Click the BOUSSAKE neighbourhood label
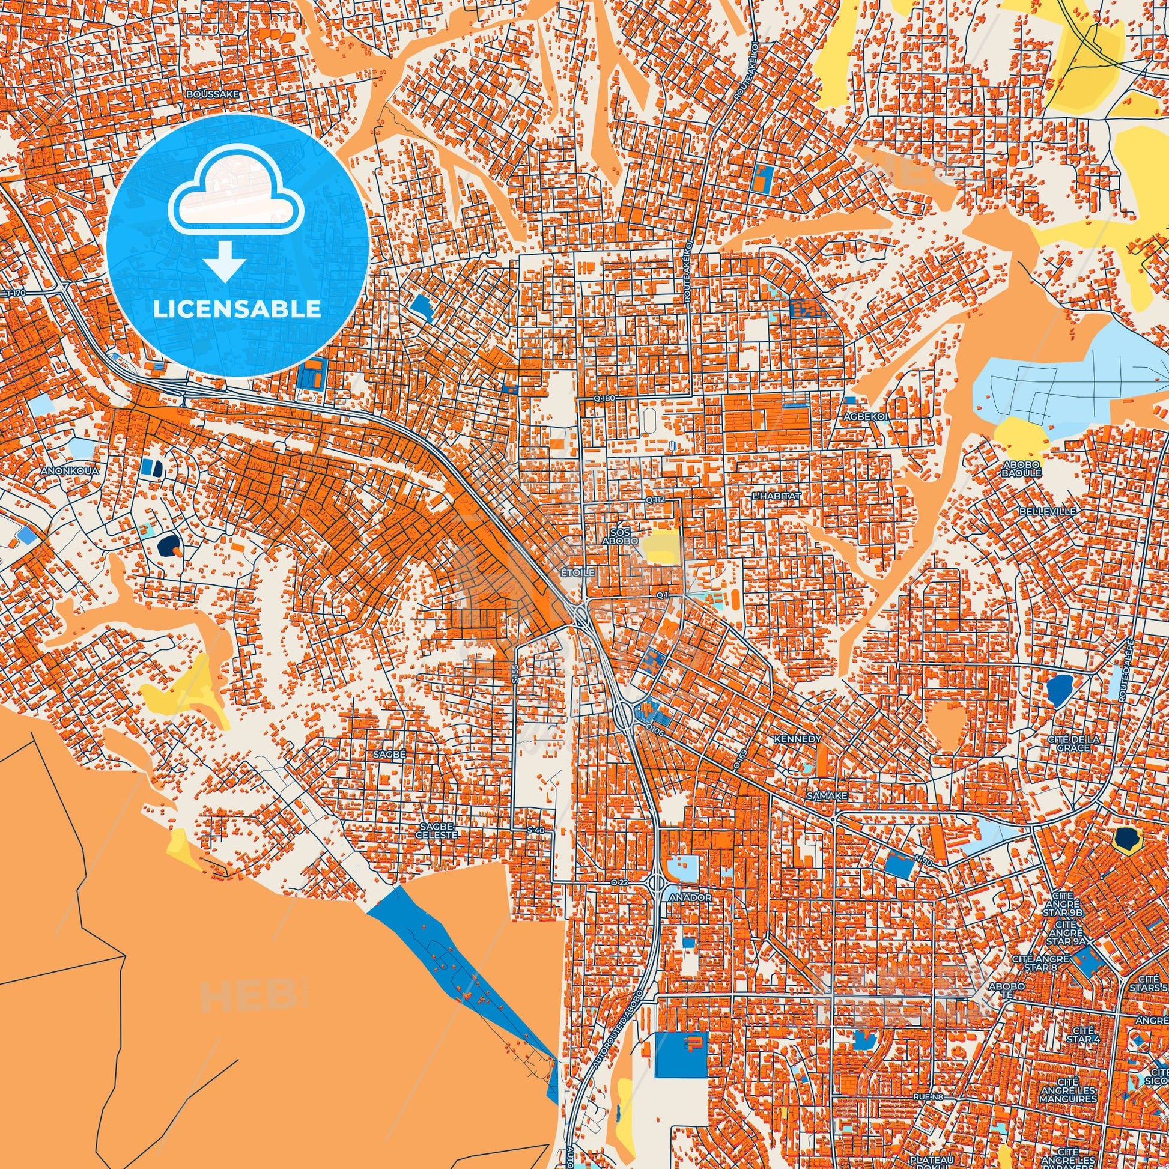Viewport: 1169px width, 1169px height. [213, 94]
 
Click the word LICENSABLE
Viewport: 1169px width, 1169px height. [237, 309]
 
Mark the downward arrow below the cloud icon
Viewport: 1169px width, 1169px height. [225, 261]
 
